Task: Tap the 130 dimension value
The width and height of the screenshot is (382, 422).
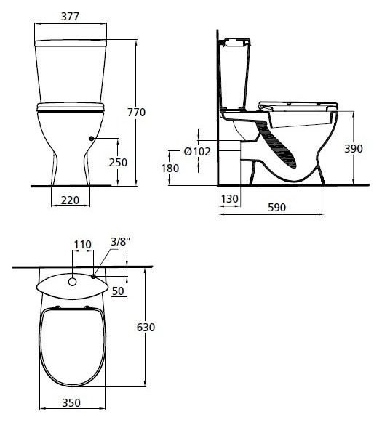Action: pos(230,198)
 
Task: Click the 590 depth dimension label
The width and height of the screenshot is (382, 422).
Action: pos(276,207)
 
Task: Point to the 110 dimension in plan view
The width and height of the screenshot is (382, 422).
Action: pos(82,245)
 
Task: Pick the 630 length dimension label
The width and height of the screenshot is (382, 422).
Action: pos(146,328)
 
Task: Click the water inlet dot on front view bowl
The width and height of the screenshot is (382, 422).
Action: pos(90,139)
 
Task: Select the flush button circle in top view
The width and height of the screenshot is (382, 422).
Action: pos(73,280)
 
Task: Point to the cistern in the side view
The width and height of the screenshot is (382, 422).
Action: pos(237,73)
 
